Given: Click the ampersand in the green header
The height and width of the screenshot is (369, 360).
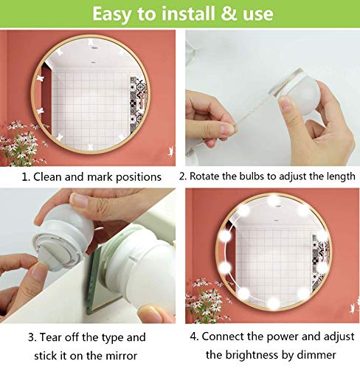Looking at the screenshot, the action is coord(229,14).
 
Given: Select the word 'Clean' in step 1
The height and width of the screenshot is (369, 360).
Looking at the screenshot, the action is coord(48,177).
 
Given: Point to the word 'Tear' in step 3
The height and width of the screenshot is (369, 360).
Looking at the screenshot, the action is coord(50,337).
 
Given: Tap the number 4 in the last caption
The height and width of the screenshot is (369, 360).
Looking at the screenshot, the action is coord(193,337).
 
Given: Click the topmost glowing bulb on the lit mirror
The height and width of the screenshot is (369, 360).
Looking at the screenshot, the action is coord(273,200).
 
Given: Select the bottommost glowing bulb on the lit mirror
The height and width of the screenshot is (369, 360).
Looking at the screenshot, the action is coord(273,303).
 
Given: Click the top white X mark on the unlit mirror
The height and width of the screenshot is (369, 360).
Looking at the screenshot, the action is coord(91,41).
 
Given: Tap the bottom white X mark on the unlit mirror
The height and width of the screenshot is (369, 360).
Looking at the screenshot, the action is coord(91,147).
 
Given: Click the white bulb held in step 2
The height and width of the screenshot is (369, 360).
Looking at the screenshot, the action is coord(305,97).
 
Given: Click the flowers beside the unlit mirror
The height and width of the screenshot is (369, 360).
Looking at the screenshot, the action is coord(23,142).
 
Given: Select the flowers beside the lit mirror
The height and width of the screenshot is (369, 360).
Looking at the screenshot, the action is coord(209,299).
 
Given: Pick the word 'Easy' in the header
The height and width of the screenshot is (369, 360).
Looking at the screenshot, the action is coord(113,15).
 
